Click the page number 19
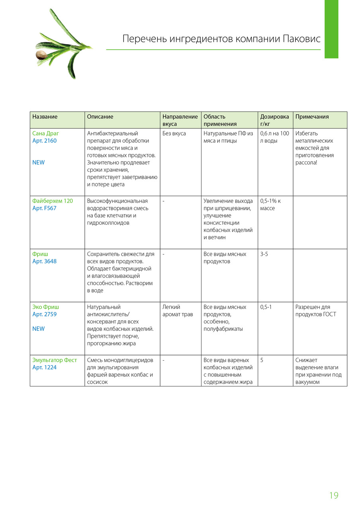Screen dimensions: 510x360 click(334, 495)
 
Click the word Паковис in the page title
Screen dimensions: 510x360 click(301, 39)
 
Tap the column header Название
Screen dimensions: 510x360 click(45, 117)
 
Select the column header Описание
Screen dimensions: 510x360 click(100, 117)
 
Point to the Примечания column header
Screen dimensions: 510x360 click(312, 117)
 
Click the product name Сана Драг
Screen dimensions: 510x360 click(45, 133)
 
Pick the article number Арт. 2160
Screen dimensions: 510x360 click(44, 141)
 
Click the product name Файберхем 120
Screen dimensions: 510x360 click(53, 201)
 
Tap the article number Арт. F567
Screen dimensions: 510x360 click(44, 208)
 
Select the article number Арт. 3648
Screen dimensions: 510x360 click(44, 261)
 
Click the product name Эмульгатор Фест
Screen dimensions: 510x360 click(55, 360)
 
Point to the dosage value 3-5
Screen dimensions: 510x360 click(264, 254)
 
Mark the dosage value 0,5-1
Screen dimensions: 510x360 click(266, 307)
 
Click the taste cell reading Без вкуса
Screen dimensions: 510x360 click(174, 133)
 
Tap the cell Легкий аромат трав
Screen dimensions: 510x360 click(178, 311)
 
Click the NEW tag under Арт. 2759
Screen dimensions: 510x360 click(38, 329)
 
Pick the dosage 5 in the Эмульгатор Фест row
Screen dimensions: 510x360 click(262, 360)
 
